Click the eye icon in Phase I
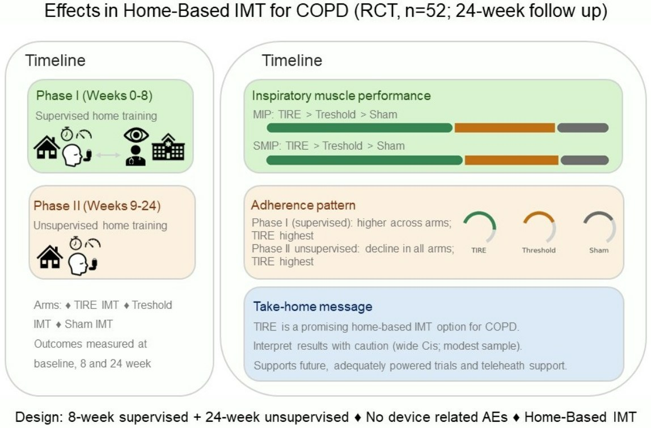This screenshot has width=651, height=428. click(x=136, y=135)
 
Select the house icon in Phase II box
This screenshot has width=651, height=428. click(x=50, y=257)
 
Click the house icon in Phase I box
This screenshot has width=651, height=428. click(x=46, y=147)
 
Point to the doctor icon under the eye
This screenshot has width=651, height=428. click(x=136, y=155)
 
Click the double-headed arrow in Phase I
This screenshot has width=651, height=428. click(x=108, y=155)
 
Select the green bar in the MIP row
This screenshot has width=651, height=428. click(x=359, y=128)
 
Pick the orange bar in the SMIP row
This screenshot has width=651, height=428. click(x=511, y=160)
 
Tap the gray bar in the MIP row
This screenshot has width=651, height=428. click(x=583, y=128)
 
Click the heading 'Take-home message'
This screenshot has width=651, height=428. click(x=312, y=307)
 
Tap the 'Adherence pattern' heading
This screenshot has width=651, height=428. click(x=303, y=205)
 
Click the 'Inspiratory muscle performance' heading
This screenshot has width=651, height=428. click(x=341, y=96)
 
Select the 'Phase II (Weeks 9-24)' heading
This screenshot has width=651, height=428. click(x=97, y=205)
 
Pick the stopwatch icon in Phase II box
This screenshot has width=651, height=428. click(x=75, y=243)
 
